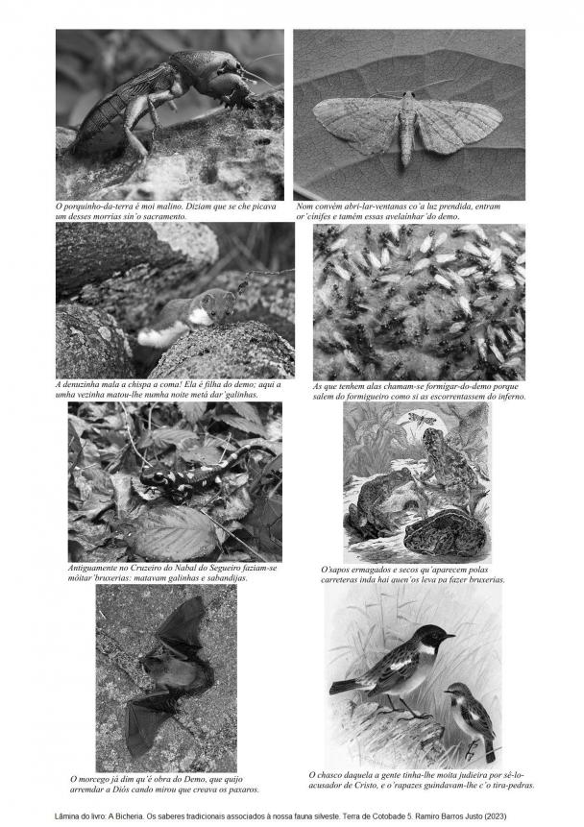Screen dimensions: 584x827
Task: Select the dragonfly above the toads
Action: (x=421, y=420)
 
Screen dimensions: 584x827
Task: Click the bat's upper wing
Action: (x=182, y=626)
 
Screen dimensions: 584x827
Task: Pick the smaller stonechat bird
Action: (x=471, y=718)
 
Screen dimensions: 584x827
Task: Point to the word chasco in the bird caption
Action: (x=330, y=775)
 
